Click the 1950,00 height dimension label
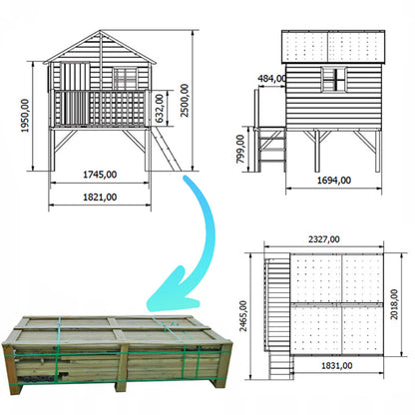point(25,116)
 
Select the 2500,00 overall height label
point(185,101)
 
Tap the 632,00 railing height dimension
point(160,108)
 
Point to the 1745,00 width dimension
point(100,175)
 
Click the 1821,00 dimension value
point(100,198)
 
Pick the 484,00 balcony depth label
point(271,79)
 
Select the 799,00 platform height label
point(240,149)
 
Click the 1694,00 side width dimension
point(334,181)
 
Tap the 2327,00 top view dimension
point(324,239)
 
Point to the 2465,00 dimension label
point(243,316)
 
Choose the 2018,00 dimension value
point(394,304)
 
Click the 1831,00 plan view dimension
point(337,366)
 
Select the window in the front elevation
point(125,79)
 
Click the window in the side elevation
point(333,80)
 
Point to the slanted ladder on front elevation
point(166,149)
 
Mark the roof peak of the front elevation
point(100,31)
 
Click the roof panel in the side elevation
point(333,47)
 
